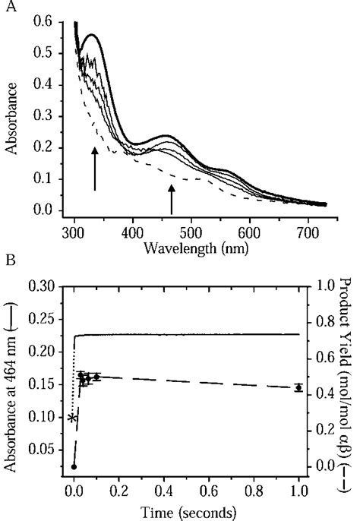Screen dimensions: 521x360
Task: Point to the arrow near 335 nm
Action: coord(94,169)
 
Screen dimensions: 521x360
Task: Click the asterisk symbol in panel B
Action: coord(72,419)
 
